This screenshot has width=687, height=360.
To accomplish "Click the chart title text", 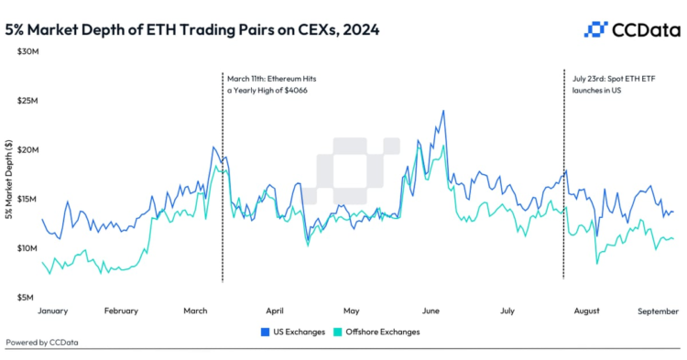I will tap(192, 29).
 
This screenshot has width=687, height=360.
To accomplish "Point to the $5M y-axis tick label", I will tap(27, 298).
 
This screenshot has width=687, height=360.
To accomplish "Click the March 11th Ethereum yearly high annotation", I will tap(272, 84).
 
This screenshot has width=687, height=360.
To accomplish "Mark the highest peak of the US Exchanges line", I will tap(444, 111).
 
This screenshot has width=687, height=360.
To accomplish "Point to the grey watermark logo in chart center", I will tap(358, 164).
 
